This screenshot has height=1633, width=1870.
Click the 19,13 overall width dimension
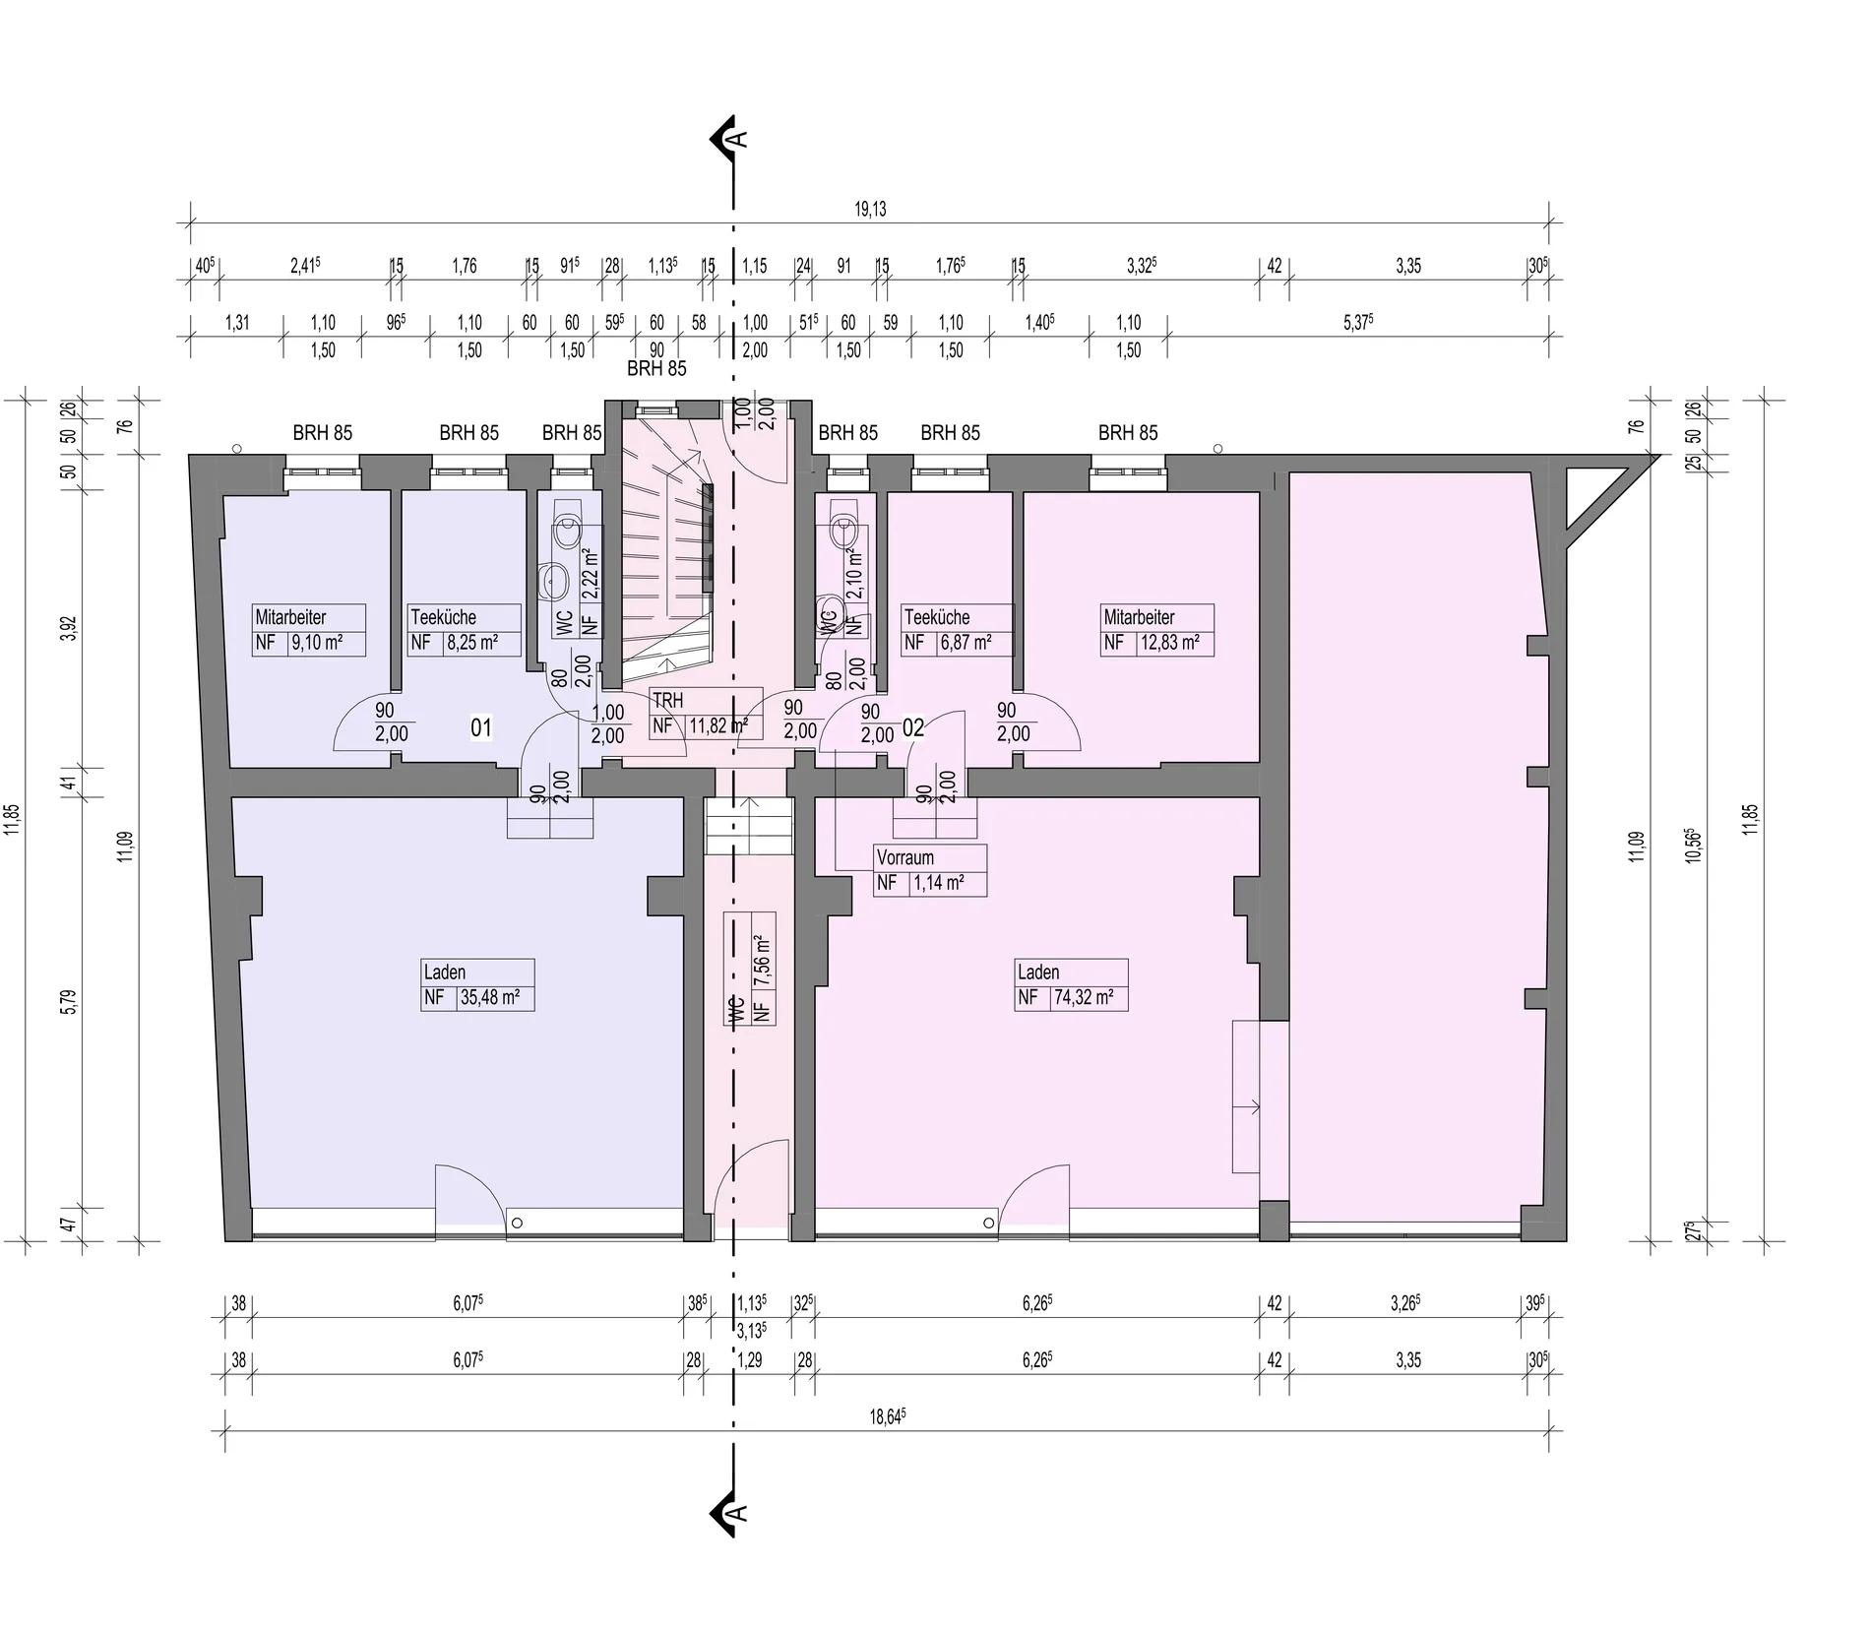coord(870,209)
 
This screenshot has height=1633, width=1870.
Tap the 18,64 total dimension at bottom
coord(888,1416)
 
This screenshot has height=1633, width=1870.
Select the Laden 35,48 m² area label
coord(478,984)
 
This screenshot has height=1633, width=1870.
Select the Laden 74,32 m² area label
coord(1072,984)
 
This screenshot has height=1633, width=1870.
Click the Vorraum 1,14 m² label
coord(930,870)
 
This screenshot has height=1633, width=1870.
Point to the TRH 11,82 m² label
coord(706,714)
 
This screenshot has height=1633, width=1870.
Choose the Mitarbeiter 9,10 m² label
coord(309,630)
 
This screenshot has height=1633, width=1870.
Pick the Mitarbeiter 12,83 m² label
coord(1157,630)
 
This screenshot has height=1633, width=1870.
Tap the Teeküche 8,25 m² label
coord(465,630)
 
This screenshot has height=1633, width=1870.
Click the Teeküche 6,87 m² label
coord(957,630)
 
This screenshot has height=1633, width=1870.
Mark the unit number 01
coord(481,728)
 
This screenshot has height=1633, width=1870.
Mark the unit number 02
coord(913,728)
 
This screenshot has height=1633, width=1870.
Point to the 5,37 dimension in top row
coord(1358,322)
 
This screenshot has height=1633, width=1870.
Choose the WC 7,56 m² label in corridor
coord(750,969)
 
